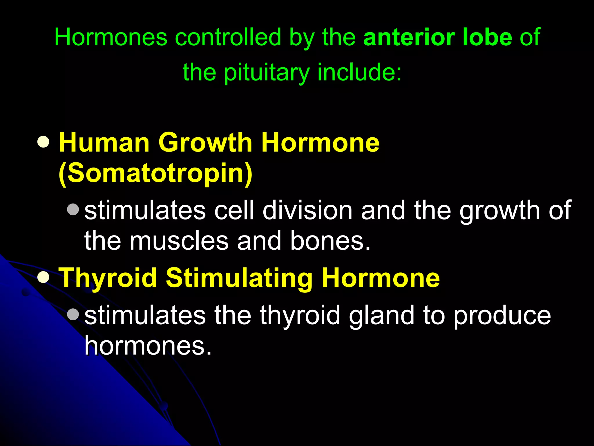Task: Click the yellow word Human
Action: (104, 143)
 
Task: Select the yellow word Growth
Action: (205, 143)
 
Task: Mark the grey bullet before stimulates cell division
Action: (73, 209)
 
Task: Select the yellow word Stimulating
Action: (239, 278)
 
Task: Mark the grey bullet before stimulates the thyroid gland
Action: (73, 314)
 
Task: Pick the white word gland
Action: (382, 316)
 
